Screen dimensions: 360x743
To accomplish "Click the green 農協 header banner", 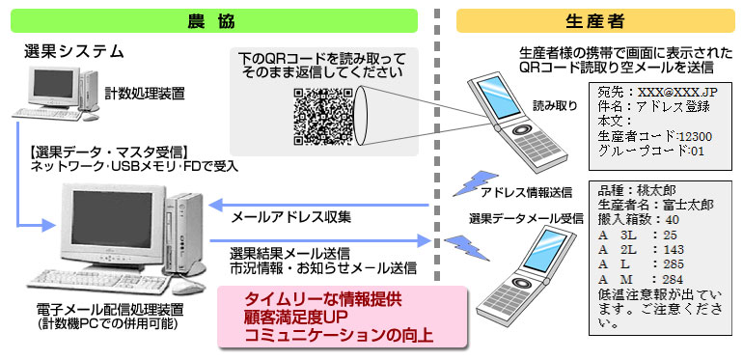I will point(208,20).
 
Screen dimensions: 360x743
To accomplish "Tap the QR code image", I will point(323,114).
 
